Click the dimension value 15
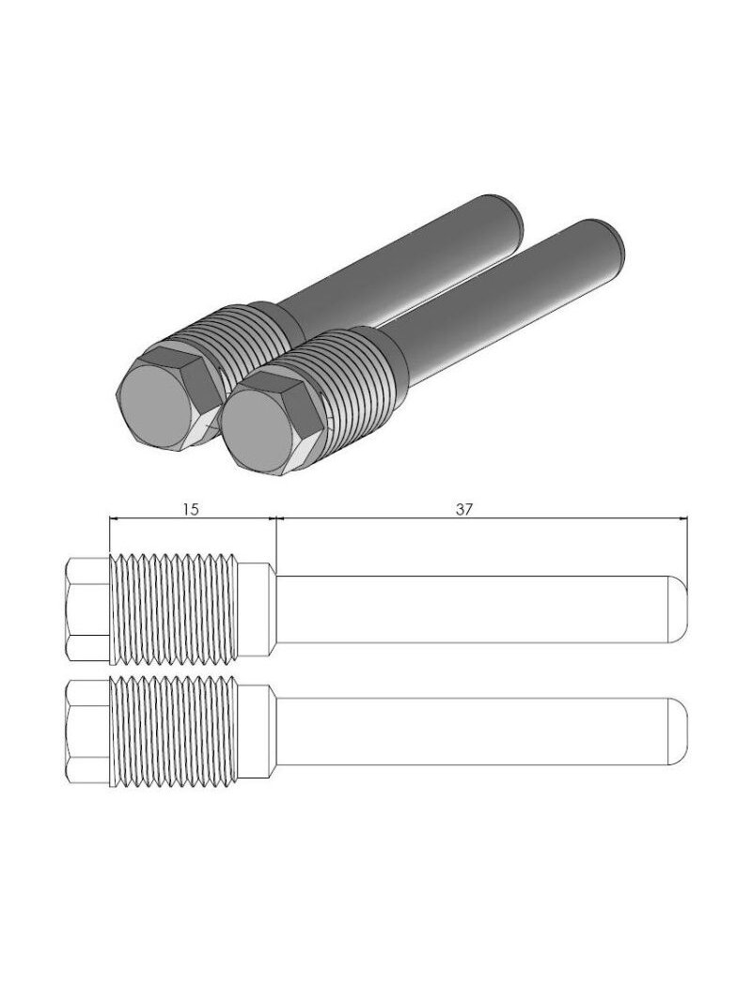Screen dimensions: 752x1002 (x=191, y=509)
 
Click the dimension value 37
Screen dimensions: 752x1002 (x=464, y=509)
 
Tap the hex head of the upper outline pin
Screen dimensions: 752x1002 (x=88, y=609)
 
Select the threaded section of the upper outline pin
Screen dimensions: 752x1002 (x=174, y=609)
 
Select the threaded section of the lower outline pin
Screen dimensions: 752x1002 (x=174, y=732)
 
